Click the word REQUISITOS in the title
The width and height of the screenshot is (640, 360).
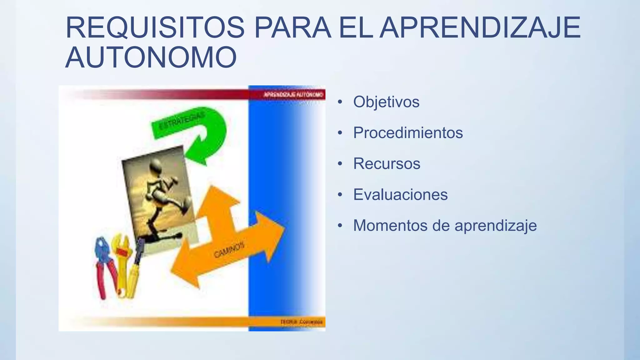[155, 28]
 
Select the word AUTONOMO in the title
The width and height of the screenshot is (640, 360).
[151, 57]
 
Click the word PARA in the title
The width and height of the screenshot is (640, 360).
[292, 28]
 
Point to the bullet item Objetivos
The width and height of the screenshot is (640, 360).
[386, 102]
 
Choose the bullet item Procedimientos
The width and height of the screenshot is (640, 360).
[408, 133]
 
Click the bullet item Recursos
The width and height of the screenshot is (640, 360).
[387, 164]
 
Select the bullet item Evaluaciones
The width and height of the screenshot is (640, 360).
[400, 195]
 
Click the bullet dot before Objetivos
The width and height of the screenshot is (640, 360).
[340, 102]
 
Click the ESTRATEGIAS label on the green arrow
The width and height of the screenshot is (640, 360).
[182, 121]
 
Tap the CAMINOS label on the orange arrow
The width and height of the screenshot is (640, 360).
[229, 250]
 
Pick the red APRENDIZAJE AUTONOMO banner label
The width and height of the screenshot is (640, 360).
[293, 94]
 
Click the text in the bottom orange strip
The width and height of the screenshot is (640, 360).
[301, 322]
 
